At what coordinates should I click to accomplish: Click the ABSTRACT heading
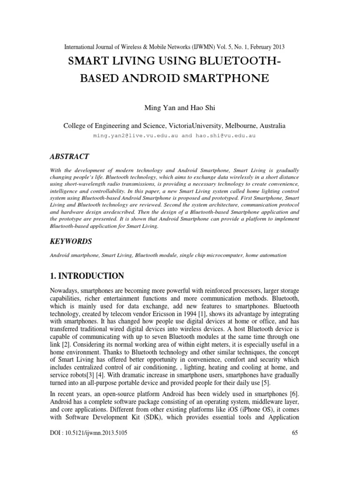(69, 156)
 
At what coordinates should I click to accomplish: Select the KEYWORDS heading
(71, 241)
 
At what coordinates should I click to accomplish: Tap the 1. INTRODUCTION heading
(87, 276)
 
